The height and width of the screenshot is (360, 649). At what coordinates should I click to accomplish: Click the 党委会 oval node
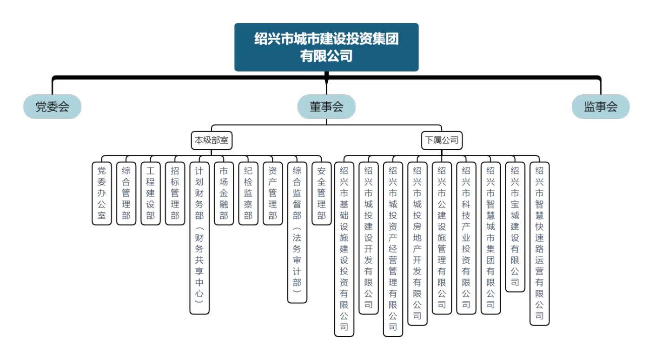(x=52, y=107)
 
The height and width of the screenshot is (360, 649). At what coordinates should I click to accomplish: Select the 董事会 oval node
(x=326, y=107)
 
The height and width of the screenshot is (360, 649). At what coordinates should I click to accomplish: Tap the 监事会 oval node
(x=600, y=107)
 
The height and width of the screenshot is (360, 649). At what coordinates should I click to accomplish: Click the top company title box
(x=326, y=47)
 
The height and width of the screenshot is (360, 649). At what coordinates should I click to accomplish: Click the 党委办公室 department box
(x=102, y=193)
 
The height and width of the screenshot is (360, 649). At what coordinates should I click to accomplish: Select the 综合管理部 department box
(x=126, y=193)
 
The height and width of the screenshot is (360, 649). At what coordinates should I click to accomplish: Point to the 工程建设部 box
(x=150, y=193)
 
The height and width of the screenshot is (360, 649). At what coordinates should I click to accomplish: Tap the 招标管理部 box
(x=175, y=193)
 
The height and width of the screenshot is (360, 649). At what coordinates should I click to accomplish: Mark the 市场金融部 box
(x=224, y=193)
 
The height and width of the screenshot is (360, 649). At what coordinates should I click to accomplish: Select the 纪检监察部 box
(x=248, y=193)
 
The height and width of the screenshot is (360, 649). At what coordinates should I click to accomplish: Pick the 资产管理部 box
(x=272, y=193)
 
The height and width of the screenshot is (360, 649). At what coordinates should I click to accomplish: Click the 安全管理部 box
(x=321, y=193)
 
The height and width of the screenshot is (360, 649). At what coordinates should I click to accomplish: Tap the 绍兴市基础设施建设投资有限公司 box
(x=344, y=249)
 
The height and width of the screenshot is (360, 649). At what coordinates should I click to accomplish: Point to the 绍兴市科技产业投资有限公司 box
(x=466, y=238)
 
